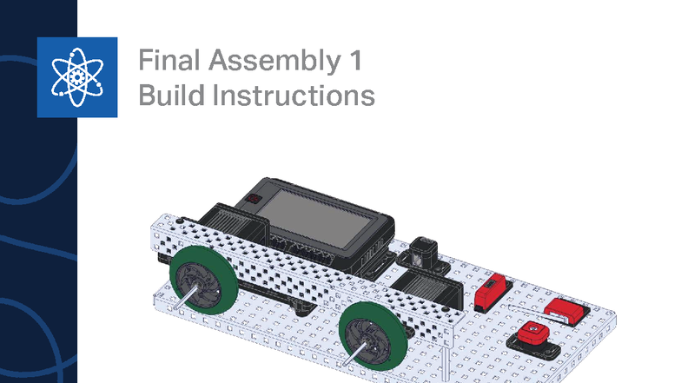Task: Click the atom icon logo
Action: [x=76, y=76]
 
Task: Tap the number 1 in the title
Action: [x=353, y=63]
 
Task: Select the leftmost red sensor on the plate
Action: [x=491, y=291]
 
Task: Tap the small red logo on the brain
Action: [x=254, y=200]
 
